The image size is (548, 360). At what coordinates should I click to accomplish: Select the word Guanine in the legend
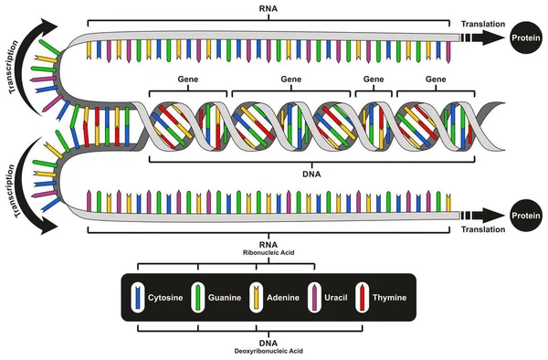click(224, 298)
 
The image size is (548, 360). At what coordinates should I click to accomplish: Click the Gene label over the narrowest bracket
click(373, 80)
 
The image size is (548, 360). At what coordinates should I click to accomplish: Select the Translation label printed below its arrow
click(482, 232)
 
